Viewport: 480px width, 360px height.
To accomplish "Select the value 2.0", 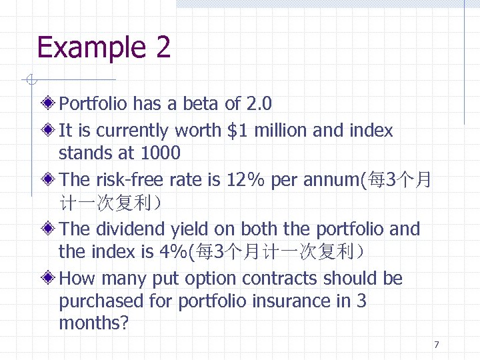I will click(259, 104).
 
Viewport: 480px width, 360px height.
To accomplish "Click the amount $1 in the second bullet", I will click(237, 131).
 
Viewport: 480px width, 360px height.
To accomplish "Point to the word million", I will click(281, 131).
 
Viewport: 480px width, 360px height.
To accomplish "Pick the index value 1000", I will click(161, 153).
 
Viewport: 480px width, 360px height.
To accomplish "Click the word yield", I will click(189, 229).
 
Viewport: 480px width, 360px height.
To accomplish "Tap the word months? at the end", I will click(93, 324).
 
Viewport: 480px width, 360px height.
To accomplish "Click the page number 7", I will click(437, 345).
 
